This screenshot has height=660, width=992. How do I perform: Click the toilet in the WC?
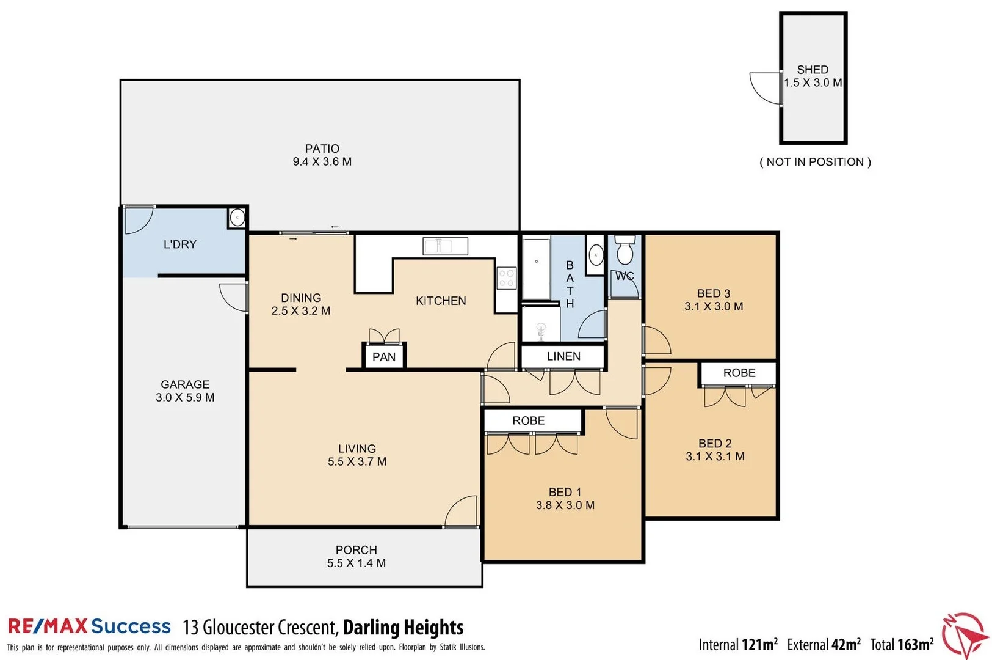pos(625,251)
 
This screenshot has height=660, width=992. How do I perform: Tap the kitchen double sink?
pos(445,246)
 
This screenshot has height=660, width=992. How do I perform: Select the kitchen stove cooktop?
pos(506,278)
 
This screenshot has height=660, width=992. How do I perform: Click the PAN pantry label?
pos(384,357)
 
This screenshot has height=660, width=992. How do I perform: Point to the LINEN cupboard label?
pos(563,356)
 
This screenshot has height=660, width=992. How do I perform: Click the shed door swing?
pos(766,86)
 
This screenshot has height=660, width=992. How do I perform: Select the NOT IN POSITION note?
pos(815,162)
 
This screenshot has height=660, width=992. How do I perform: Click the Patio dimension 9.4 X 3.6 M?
pos(322,162)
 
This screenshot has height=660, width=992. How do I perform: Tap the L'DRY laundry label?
pos(180,244)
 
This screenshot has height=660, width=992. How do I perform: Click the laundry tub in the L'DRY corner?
pos(237,218)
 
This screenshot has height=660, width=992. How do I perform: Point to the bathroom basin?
pos(596,254)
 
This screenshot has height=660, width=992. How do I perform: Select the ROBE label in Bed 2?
pos(739,373)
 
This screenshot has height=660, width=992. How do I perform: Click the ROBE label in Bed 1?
pos(528,420)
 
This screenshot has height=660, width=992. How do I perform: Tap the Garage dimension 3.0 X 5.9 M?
pos(185,397)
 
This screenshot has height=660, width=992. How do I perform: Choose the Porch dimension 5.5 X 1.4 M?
pos(356,563)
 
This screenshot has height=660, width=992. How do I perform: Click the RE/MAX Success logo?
pos(89,626)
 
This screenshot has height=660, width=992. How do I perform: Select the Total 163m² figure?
pos(902,644)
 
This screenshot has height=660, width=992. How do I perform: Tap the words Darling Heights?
pos(403,628)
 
